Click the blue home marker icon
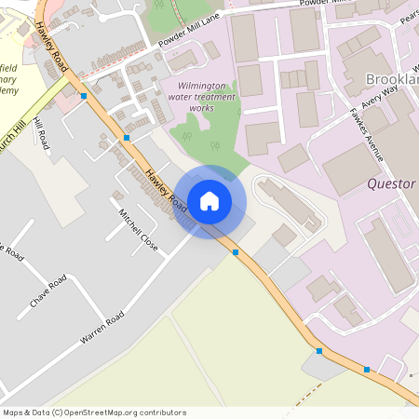pos(209,201)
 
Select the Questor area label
pos(391,184)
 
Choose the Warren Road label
pos(101,330)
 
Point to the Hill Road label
pos(41,134)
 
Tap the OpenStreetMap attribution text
pos(94,412)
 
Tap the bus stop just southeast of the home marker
pos(236,251)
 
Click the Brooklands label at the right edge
pos(392,79)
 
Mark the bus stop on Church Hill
pos(85,96)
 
